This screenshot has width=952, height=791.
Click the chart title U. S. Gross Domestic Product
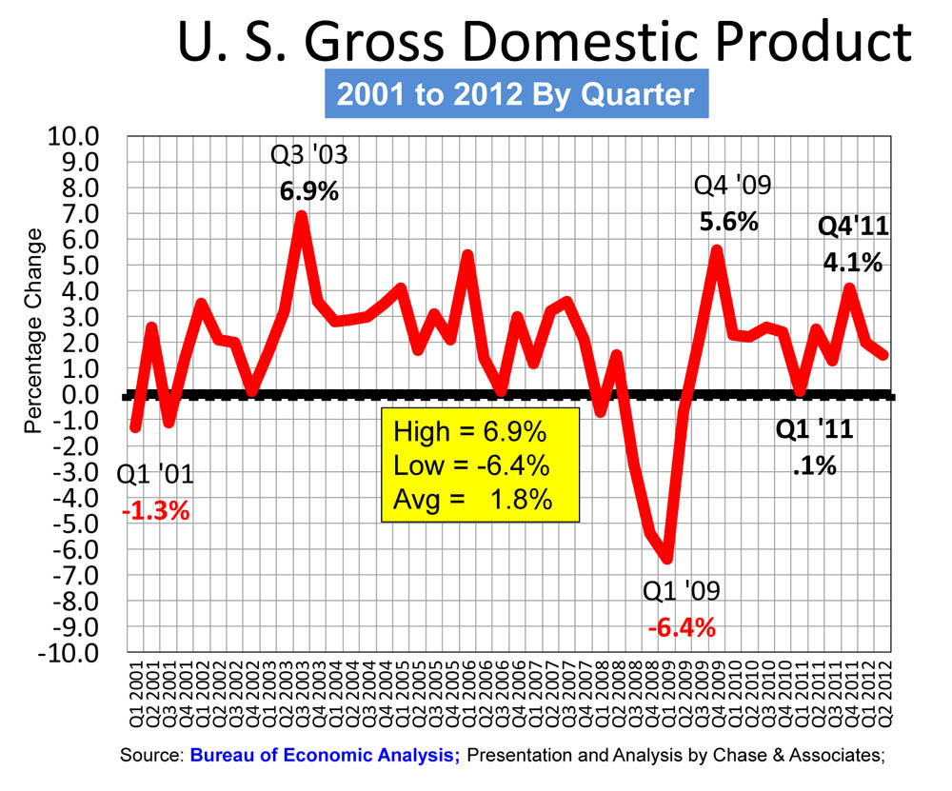coord(545,43)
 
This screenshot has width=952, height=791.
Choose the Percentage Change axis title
coord(34,330)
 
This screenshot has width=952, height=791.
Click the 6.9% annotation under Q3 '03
coord(308,191)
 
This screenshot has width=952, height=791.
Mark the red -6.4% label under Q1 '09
coord(681,628)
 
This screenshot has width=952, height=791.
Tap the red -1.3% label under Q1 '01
coord(155,511)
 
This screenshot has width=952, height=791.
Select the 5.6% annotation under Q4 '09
coord(728,223)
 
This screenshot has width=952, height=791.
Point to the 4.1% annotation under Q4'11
coord(851,261)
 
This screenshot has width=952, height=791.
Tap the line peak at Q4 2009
coord(717,250)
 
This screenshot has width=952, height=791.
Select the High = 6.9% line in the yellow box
coord(469,433)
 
